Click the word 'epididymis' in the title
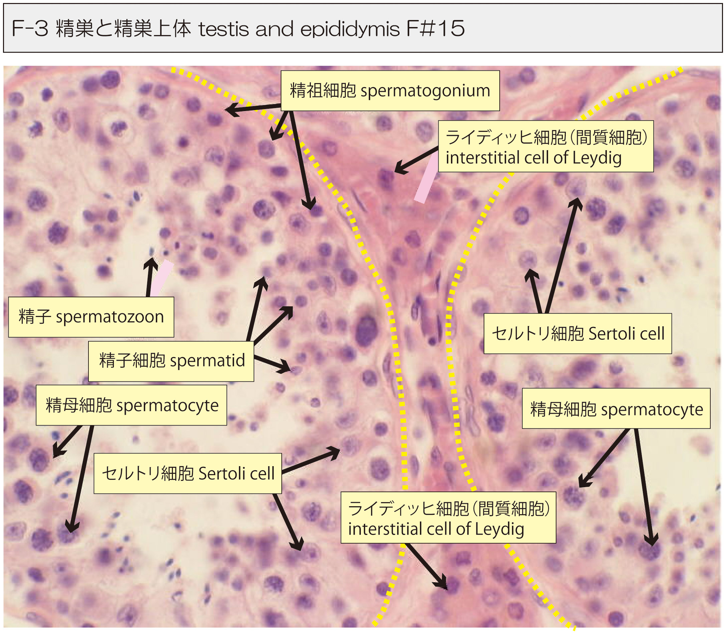(x=350, y=29)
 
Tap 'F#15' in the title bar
(x=435, y=29)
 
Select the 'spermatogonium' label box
(x=390, y=90)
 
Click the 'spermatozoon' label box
(x=91, y=317)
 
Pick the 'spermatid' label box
(x=171, y=361)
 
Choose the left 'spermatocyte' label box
(x=131, y=405)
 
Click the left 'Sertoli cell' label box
(x=188, y=473)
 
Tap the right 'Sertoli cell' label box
(x=577, y=333)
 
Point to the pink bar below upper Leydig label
(x=427, y=179)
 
